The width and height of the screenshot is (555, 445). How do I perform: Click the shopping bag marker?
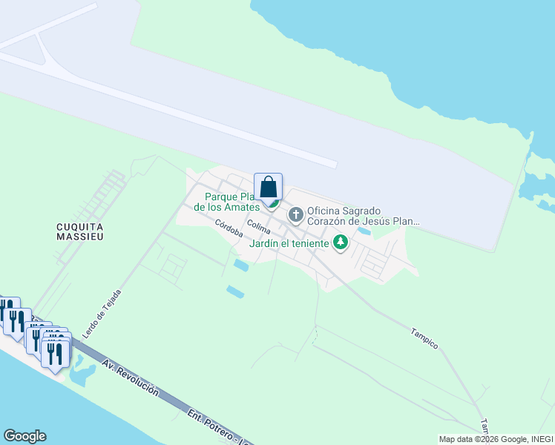268,188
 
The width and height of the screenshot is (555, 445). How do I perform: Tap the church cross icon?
296,216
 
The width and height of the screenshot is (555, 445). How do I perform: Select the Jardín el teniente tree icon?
341,242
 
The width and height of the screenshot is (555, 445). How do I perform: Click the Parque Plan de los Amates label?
226,202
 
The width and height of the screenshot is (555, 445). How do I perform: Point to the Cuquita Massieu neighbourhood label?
79,231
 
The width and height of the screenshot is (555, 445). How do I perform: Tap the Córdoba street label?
229,227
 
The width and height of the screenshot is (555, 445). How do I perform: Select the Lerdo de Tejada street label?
102,314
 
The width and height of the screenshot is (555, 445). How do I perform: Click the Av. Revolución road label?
131,378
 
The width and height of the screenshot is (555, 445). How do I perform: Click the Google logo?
24,436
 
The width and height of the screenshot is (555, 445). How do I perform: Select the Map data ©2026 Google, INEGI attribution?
495,439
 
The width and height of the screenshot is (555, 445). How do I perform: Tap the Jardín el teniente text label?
289,243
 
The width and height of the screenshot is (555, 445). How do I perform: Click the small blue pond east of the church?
364,231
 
